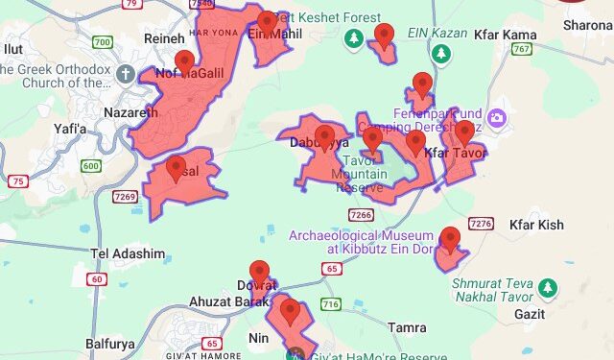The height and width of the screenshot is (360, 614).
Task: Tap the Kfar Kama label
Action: (505, 35)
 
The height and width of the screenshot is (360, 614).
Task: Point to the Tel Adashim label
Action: (128, 254)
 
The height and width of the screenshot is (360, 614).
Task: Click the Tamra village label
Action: (408, 327)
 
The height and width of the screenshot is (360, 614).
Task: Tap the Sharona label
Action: (587, 25)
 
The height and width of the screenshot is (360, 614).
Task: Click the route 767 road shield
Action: (522, 49)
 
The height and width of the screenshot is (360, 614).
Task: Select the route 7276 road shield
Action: (481, 224)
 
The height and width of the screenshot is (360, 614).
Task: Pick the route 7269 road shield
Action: (125, 197)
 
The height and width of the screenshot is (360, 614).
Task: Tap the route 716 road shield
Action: (331, 304)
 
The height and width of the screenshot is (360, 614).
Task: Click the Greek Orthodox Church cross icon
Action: (126, 74)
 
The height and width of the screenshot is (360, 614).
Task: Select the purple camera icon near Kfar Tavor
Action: (497, 118)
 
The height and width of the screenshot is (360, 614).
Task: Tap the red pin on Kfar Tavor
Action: (464, 133)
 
